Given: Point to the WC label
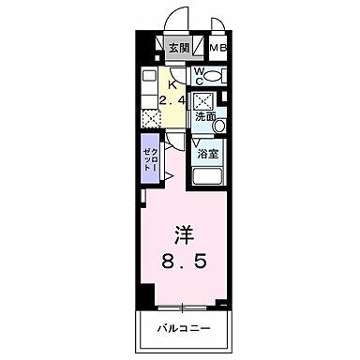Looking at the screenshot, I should (x=200, y=74).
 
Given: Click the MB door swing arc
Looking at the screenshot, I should (x=217, y=25).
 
